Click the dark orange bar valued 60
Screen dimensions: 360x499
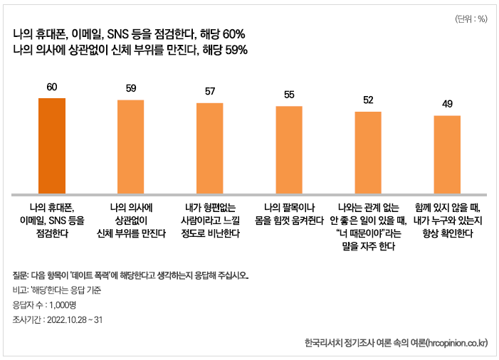[51, 145]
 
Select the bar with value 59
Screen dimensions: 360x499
[130, 147]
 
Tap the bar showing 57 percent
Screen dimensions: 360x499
[210, 148]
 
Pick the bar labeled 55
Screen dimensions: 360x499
[289, 150]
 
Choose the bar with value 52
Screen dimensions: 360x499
[368, 152]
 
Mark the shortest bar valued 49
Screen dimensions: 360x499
[447, 154]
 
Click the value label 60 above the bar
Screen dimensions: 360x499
[51, 88]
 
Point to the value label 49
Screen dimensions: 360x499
[447, 104]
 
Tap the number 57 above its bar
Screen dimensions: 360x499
[210, 91]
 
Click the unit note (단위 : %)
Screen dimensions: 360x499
[470, 19]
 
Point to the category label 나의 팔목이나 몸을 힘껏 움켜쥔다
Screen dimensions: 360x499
[289, 214]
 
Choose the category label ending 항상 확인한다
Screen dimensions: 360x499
[447, 233]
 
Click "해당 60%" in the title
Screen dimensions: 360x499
[224, 34]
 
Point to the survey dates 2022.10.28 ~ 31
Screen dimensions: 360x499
[75, 319]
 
